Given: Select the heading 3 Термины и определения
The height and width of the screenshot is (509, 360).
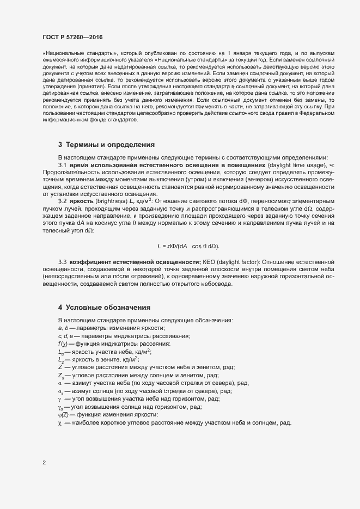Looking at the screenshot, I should click(x=106, y=145).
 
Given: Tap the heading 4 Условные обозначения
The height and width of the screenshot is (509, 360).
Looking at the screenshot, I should click(x=104, y=308).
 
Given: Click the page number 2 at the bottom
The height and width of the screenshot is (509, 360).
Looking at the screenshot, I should click(x=44, y=463).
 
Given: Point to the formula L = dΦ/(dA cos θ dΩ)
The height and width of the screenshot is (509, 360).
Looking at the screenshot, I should click(x=188, y=246).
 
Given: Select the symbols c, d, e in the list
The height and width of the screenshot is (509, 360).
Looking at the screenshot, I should click(x=66, y=336).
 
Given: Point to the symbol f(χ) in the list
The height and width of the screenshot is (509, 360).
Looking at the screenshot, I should click(x=64, y=344).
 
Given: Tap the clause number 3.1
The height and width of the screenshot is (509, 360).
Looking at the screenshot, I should click(x=62, y=165).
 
